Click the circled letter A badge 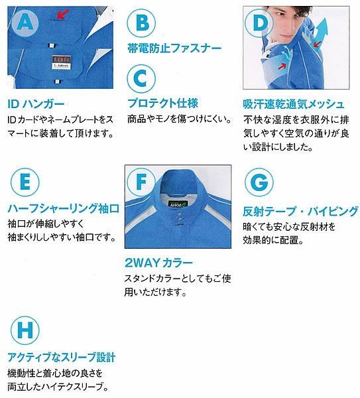point(25,23)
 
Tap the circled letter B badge point(141,23)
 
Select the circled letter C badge point(141,78)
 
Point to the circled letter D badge point(259,23)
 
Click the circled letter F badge point(141,182)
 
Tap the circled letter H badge point(25,330)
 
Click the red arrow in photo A point(62,14)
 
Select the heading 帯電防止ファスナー point(174,48)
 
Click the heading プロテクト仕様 point(162,103)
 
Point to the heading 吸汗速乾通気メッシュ point(294,104)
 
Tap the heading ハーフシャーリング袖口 point(64,208)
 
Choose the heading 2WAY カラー point(159,263)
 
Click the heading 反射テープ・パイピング point(300,211)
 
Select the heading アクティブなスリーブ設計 point(62,357)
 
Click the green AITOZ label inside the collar point(177,204)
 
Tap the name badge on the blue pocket point(61,62)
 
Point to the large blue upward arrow point(320,31)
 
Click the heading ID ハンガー point(36,104)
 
